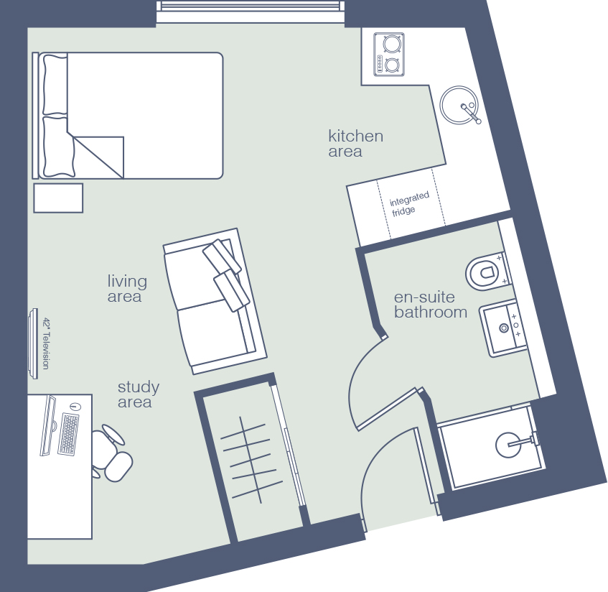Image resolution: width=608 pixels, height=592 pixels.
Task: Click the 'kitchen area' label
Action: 355,143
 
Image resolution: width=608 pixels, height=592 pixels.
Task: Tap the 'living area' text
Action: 127,288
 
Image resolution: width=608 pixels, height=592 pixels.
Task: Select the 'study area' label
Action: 139,394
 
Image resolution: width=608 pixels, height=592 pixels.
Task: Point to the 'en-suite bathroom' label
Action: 431,305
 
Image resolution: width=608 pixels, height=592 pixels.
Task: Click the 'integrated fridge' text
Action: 409,203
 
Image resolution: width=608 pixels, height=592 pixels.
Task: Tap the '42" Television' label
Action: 46,343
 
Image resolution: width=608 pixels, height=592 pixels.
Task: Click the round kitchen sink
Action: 459,105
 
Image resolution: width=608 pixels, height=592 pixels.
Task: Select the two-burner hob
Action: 389,55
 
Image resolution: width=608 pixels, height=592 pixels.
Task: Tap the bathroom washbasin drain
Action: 504,328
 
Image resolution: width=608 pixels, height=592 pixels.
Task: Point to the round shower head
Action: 508,445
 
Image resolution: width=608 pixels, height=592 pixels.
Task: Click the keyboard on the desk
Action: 68,435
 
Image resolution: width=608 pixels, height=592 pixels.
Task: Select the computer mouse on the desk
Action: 75,407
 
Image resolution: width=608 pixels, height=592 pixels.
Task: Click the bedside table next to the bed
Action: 58,198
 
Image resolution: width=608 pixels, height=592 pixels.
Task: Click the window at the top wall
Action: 251,11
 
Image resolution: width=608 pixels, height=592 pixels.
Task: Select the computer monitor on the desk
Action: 47,425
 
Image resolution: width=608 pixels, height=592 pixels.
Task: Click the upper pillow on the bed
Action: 55,85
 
